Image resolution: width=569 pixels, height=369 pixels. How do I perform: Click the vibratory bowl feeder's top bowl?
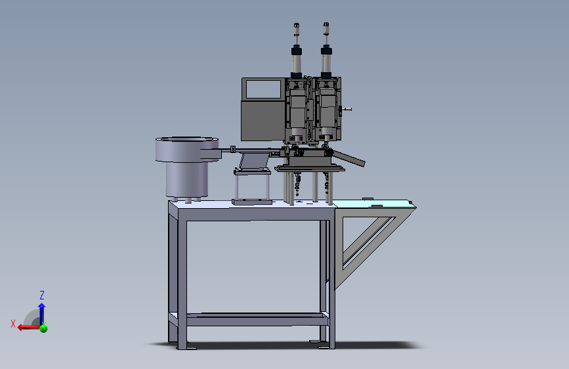pos(187,149)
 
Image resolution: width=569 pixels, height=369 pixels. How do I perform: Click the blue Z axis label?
pos(42,295)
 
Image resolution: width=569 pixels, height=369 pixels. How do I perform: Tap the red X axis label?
pos(13,324)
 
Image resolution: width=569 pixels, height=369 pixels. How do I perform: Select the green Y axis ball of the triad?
pos(43,329)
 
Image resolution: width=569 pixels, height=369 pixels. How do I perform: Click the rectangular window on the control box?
pos(263,89)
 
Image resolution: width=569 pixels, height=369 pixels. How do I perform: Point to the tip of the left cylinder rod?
pos(296,24)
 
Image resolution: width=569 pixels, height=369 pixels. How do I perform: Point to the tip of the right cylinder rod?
pos(326,23)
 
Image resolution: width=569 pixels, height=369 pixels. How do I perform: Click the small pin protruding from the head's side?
pos(347,108)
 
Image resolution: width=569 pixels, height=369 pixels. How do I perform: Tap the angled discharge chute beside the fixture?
pos(348,158)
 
